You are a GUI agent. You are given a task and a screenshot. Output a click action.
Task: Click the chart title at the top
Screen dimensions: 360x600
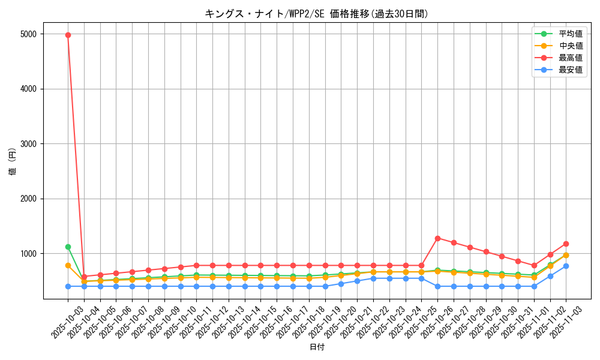pos(317,14)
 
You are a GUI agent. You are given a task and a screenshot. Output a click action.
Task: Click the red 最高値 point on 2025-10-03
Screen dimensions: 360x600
pos(68,35)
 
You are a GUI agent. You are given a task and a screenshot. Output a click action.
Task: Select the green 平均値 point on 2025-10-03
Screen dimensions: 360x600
pos(68,247)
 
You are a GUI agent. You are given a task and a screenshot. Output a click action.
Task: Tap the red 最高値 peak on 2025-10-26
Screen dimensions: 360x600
pos(437,238)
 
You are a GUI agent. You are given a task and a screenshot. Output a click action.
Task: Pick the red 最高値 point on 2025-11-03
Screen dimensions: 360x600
pos(566,244)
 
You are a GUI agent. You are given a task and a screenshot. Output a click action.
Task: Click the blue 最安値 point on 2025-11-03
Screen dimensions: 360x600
pos(566,266)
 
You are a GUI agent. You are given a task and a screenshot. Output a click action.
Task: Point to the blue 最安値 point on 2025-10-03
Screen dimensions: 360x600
pos(68,286)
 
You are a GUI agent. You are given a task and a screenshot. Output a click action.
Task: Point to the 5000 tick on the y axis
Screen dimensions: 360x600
pos(28,34)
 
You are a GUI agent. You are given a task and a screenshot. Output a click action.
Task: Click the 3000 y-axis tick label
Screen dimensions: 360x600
pos(28,144)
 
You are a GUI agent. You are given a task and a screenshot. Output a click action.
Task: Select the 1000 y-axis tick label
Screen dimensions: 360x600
pos(28,254)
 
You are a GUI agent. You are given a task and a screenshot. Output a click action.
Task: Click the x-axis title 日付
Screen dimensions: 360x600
pos(317,347)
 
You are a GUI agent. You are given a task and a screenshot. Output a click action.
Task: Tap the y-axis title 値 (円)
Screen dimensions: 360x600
pos(12,161)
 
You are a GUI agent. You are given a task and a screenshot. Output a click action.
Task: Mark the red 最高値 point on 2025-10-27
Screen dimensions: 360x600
pos(454,242)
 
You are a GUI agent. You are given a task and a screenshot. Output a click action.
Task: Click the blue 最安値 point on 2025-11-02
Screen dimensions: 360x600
pos(550,276)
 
